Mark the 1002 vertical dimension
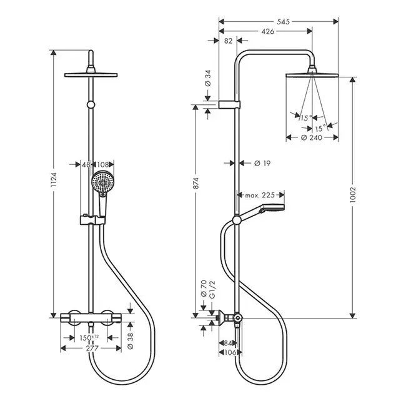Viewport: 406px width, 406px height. [353, 196]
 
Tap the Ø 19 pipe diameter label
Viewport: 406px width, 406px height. [262, 163]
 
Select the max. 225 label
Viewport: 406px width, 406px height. [260, 196]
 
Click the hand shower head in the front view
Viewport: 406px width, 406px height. [101, 184]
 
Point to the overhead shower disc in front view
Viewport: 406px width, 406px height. [92, 76]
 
